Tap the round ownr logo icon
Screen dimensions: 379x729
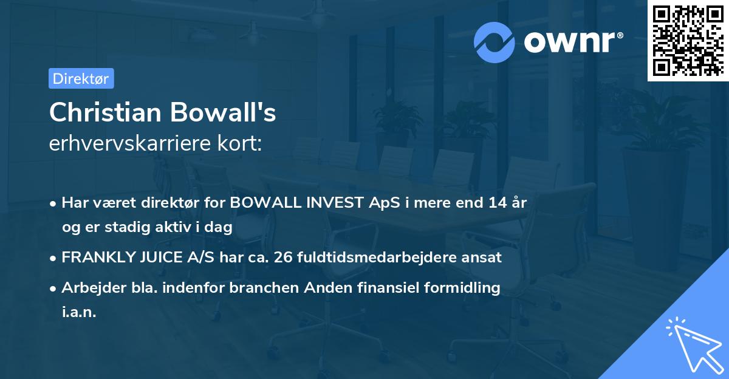[x=494, y=42]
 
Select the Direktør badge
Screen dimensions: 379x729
[x=81, y=78]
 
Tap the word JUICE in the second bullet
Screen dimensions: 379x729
[x=161, y=257]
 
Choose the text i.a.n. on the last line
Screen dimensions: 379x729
[x=79, y=312]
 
